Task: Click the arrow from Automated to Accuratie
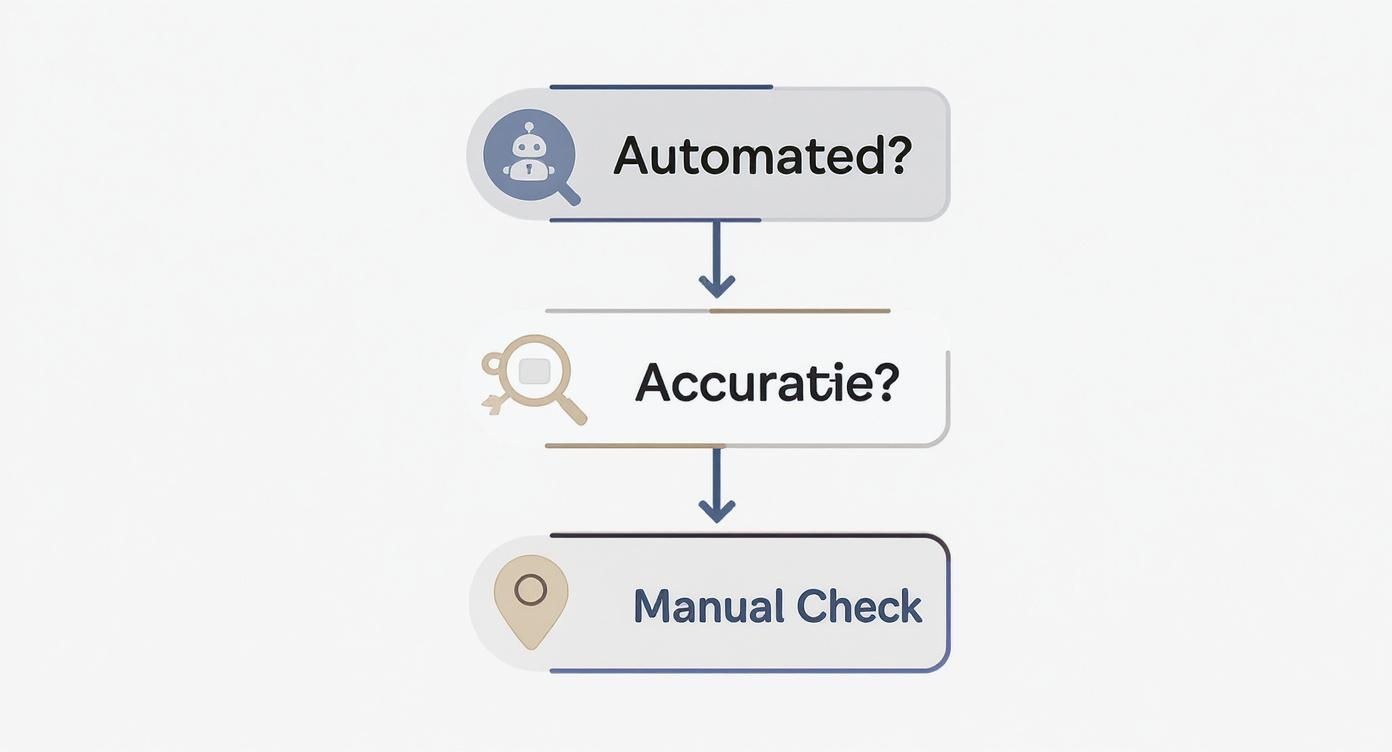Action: click(x=716, y=260)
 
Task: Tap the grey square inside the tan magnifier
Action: click(x=535, y=372)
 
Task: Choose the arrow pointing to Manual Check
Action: click(x=716, y=486)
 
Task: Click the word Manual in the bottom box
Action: click(x=708, y=607)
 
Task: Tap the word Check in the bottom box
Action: click(x=859, y=607)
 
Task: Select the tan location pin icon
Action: click(x=531, y=600)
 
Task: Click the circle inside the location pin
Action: click(x=531, y=590)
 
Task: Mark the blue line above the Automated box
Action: click(x=660, y=87)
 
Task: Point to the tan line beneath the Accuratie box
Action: click(x=635, y=446)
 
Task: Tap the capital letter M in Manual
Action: click(x=653, y=607)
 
